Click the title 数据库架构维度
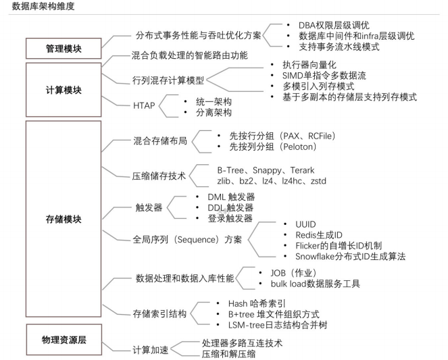click(x=40, y=6)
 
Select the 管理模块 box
click(x=63, y=49)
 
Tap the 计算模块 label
click(x=63, y=90)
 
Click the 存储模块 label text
click(x=63, y=220)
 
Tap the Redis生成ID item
click(x=309, y=234)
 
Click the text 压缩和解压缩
click(x=230, y=354)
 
